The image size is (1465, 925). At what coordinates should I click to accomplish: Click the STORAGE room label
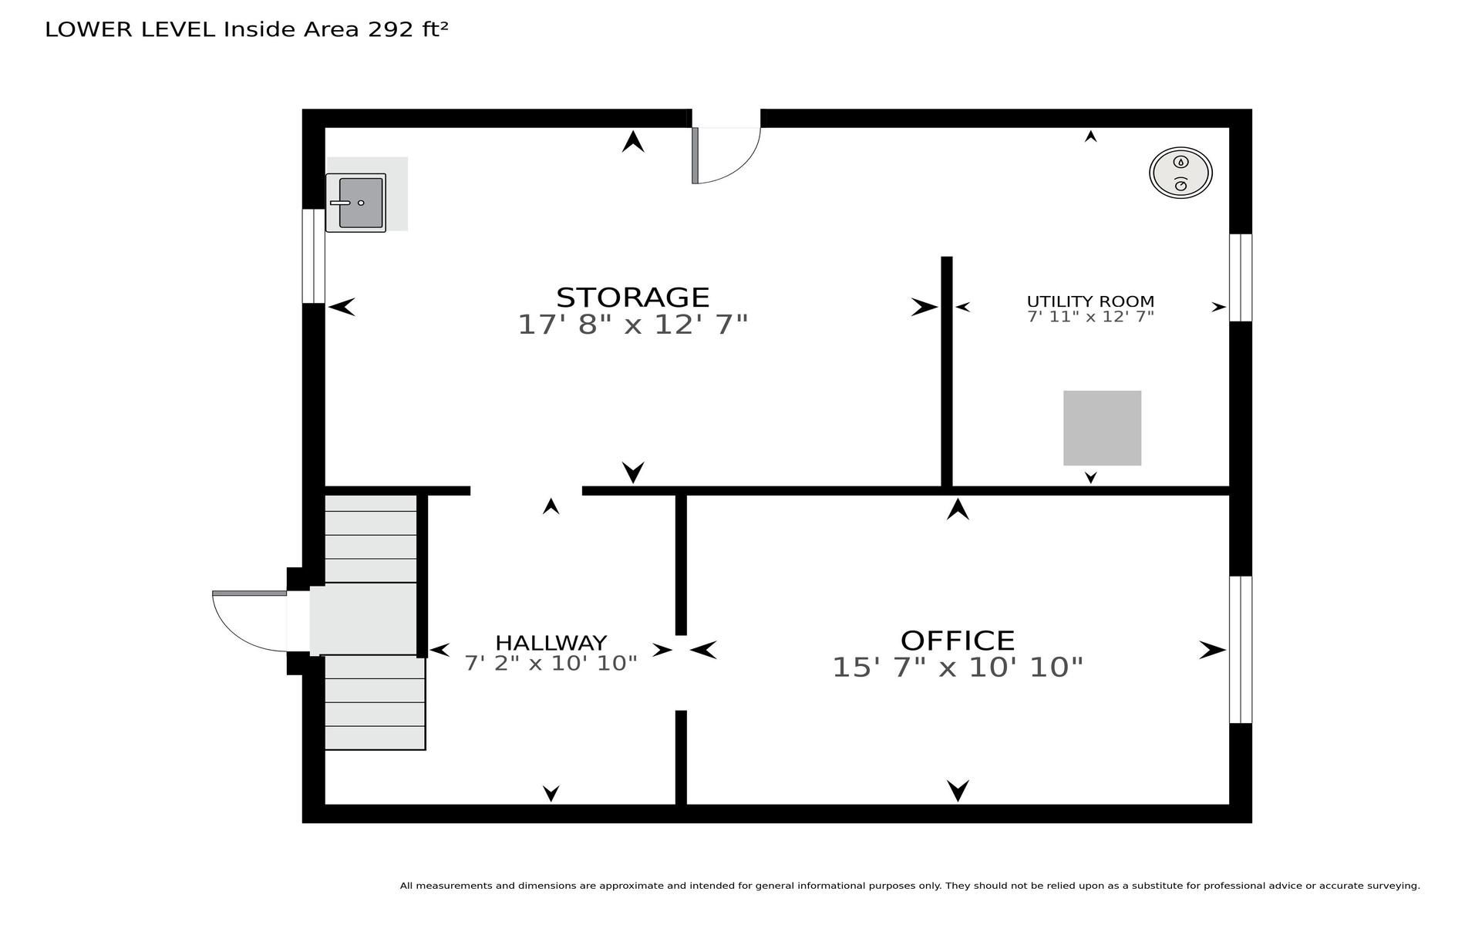(x=632, y=298)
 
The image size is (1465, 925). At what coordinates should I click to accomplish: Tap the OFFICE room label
(x=958, y=641)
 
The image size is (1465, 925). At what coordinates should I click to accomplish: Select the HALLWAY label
(x=551, y=643)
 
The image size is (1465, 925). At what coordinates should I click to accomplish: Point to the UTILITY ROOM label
(x=1090, y=301)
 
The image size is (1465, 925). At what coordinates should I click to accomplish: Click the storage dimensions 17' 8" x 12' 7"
(x=632, y=325)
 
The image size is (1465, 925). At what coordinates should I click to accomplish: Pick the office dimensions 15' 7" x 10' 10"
(x=958, y=667)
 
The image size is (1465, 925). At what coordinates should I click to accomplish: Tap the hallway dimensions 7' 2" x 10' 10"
(x=551, y=663)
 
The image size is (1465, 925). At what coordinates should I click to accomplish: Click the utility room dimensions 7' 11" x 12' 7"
(x=1090, y=316)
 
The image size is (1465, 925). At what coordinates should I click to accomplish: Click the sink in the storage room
(x=355, y=203)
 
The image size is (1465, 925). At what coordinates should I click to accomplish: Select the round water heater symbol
(x=1180, y=173)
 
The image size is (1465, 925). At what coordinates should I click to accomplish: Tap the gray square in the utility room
(x=1102, y=428)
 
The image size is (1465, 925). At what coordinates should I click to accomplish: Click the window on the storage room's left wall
(x=313, y=256)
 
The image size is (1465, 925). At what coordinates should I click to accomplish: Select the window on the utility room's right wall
(x=1240, y=277)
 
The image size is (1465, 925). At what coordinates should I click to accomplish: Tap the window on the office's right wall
(x=1240, y=649)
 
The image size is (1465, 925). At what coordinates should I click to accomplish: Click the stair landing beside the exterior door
(x=363, y=619)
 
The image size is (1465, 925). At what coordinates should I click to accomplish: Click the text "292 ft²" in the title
(x=408, y=29)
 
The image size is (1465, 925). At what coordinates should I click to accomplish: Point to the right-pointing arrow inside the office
(x=1212, y=650)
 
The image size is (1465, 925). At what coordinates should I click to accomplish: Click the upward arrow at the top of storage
(x=633, y=141)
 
